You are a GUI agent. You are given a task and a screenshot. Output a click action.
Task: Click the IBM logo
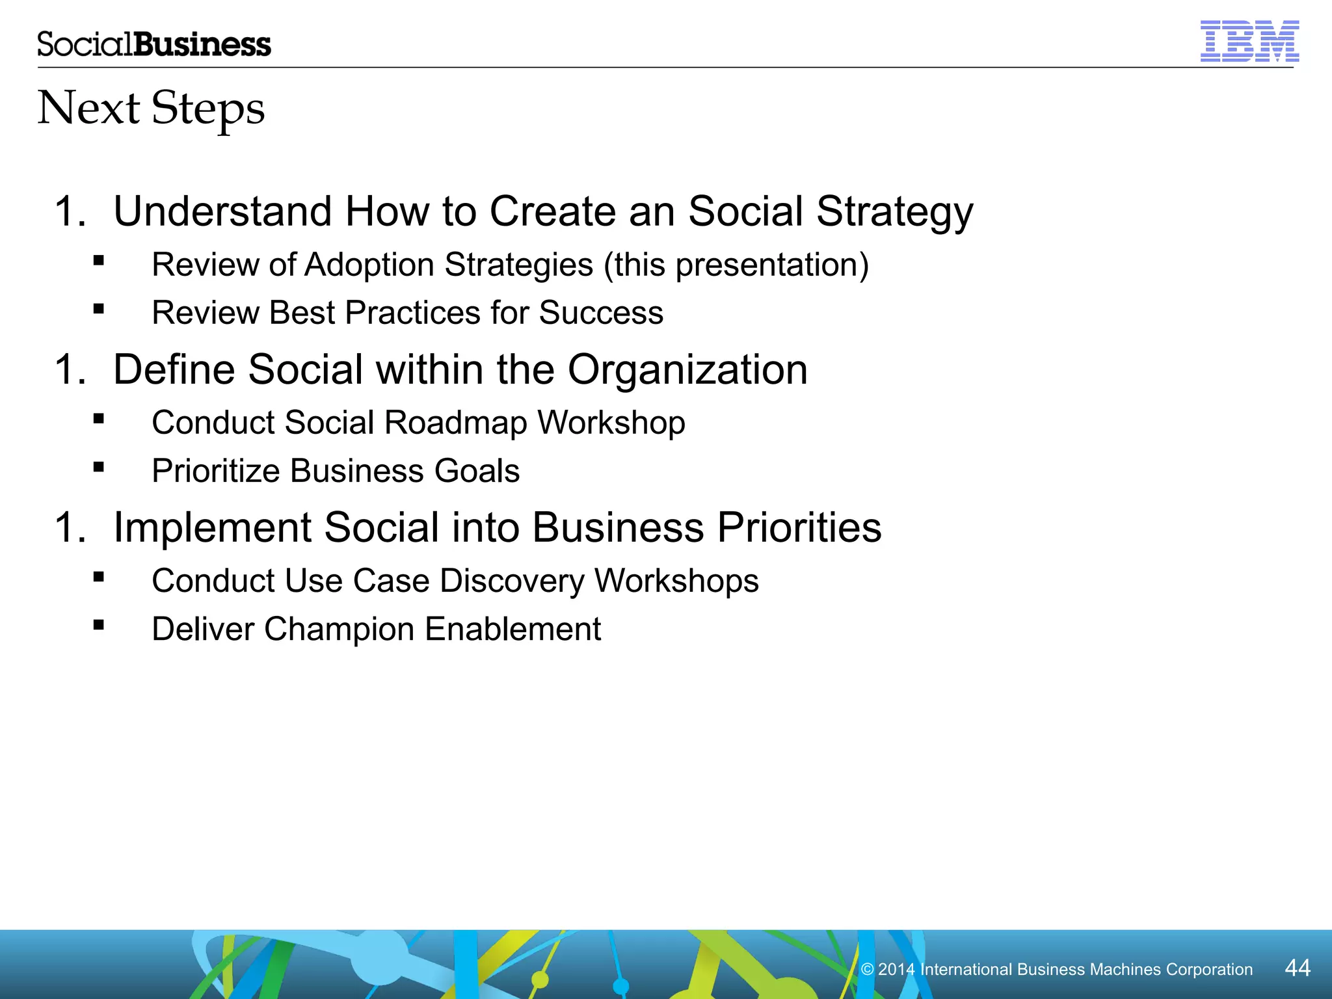pos(1249,42)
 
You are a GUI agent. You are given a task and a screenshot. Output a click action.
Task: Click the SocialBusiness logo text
pos(154,44)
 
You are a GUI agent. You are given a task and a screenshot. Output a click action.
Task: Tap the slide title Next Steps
pos(151,108)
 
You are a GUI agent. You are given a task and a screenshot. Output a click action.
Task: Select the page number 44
pos(1298,968)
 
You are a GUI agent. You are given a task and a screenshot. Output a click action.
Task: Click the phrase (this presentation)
pos(736,265)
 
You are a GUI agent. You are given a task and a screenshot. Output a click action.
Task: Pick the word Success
pos(601,313)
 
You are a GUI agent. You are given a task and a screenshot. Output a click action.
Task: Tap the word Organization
pos(687,370)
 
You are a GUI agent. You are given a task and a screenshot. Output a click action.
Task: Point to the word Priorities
pos(799,527)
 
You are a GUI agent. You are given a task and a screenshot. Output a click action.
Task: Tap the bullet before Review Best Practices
pos(99,309)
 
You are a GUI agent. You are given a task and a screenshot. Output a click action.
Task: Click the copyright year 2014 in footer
pos(896,970)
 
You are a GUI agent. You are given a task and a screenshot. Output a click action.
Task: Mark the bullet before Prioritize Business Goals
pos(99,467)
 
